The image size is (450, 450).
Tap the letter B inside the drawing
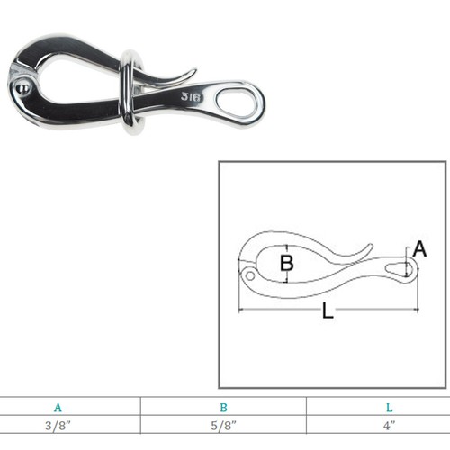point(286,264)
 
